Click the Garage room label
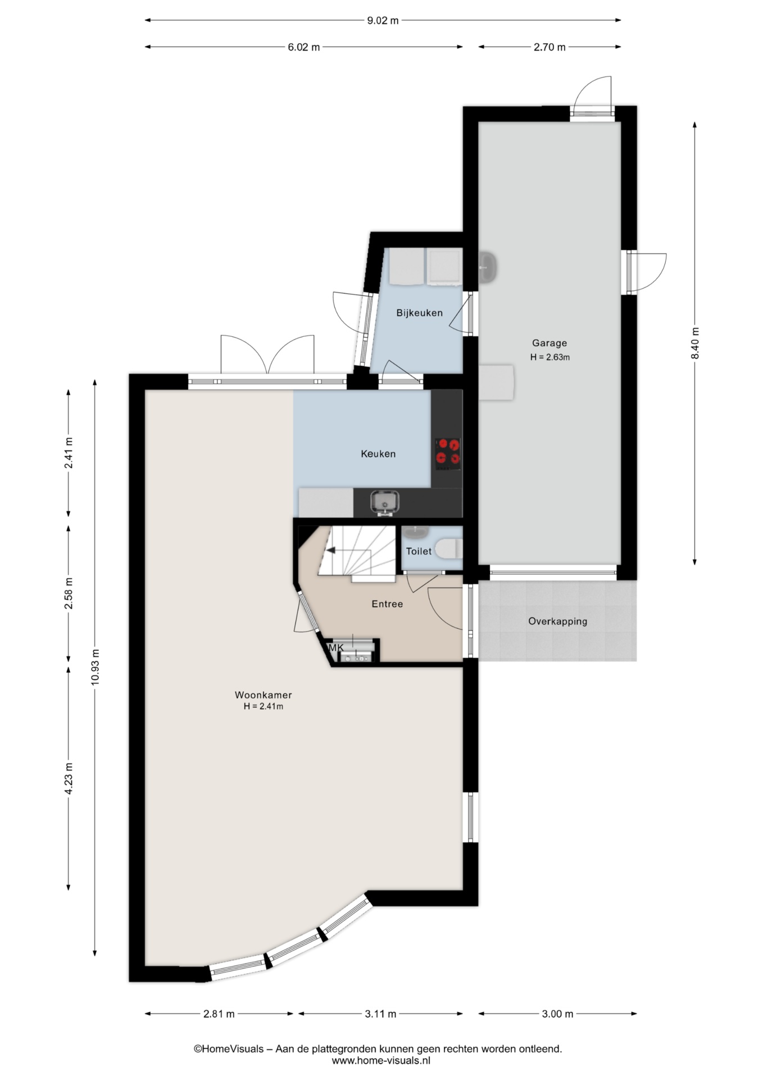click(549, 343)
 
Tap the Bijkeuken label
click(419, 313)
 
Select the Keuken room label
click(378, 454)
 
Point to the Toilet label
click(419, 551)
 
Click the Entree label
click(387, 604)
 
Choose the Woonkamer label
click(263, 695)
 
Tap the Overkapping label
click(557, 622)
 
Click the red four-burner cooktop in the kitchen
click(448, 454)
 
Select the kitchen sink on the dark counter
click(385, 503)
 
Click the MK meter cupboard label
click(336, 648)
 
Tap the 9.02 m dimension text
click(383, 21)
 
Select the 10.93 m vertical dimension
click(95, 666)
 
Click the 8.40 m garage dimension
click(695, 343)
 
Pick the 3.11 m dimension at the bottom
click(380, 1013)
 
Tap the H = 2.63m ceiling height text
click(550, 357)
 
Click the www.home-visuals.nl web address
click(381, 1061)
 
